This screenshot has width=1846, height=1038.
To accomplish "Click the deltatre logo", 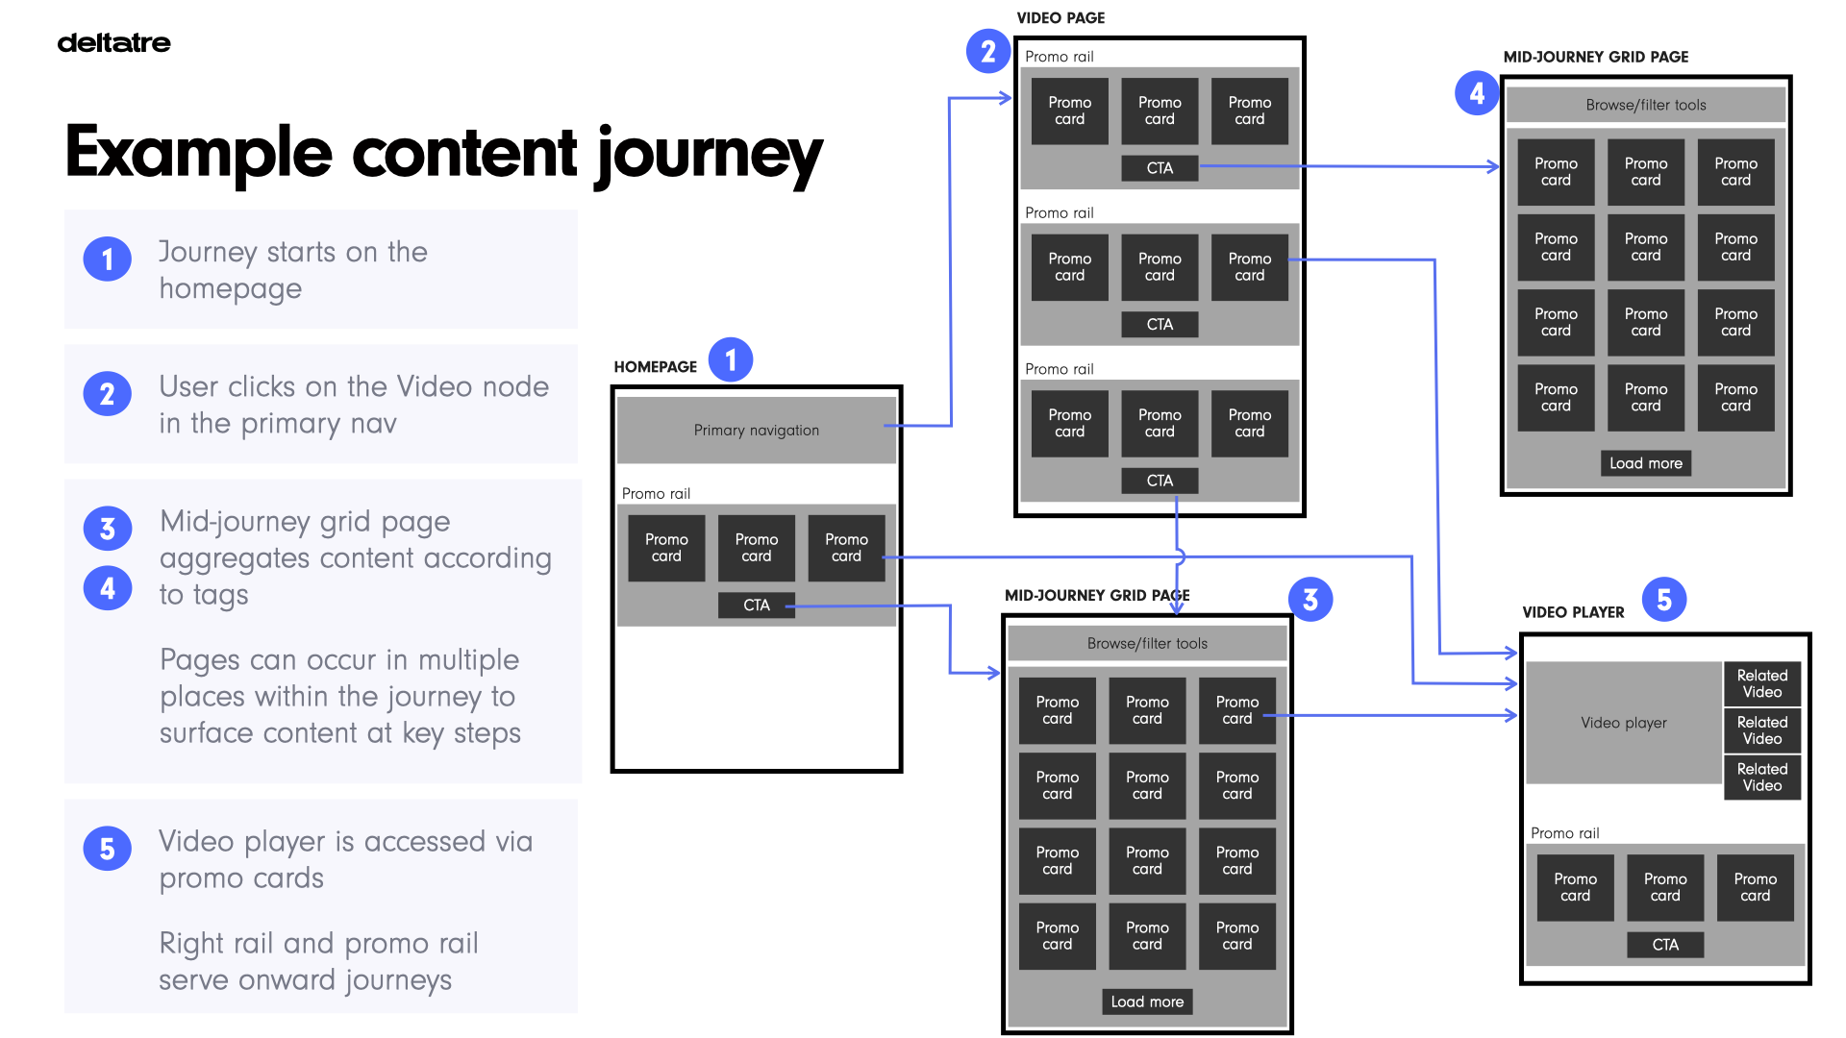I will pos(113,42).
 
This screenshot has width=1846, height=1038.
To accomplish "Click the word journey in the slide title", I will pos(709,154).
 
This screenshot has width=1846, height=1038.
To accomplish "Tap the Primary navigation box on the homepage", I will pos(756,430).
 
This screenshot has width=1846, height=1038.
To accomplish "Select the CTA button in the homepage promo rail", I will pos(756,605).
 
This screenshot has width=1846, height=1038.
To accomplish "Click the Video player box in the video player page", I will pos(1623,722).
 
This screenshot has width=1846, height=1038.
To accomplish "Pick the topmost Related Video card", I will pos(1761,683).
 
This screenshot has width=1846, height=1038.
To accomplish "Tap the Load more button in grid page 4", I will pos(1645,463).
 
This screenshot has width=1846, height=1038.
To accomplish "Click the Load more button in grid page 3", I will pos(1146,1001).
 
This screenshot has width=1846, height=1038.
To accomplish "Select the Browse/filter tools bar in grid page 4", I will pos(1645,105).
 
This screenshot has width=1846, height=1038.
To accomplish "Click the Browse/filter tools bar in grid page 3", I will pos(1146,643).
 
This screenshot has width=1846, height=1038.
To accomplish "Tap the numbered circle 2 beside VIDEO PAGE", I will pos(987,52).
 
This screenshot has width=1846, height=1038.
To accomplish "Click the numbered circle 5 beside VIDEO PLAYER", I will pos(1663,600).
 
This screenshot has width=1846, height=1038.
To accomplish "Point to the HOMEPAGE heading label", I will pos(655,367).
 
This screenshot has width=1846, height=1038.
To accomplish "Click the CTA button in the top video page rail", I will pos(1160,168).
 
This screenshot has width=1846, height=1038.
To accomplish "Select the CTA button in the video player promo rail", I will pos(1664,945).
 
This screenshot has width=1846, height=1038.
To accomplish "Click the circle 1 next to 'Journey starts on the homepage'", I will pos(107,259).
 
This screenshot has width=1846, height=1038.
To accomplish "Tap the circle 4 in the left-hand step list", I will pos(107,588).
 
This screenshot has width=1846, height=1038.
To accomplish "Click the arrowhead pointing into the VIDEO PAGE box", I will pos(1006,98).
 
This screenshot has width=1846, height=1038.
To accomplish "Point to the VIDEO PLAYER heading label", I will pos(1573,612).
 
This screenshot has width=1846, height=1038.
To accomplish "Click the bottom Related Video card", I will pos(1761,777).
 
